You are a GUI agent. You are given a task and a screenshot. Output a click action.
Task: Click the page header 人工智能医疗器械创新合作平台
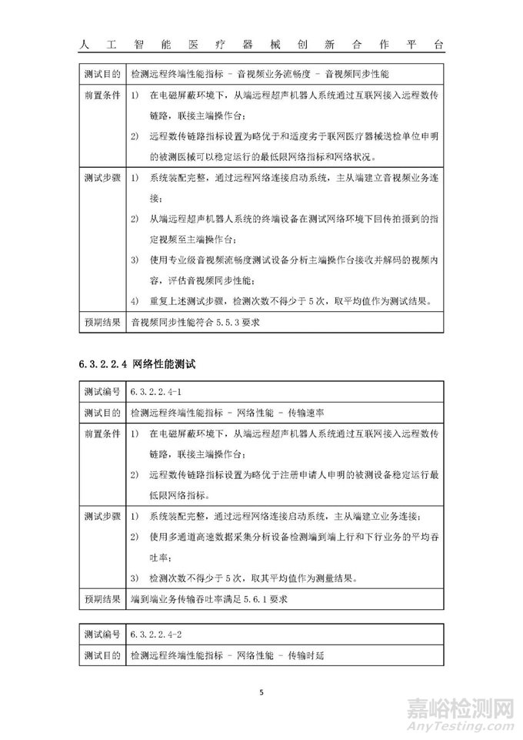pyautogui.click(x=261, y=45)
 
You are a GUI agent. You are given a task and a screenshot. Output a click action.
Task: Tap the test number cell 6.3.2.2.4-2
pyautogui.click(x=157, y=635)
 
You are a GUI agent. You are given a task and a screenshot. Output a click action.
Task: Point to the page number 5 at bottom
pyautogui.click(x=261, y=691)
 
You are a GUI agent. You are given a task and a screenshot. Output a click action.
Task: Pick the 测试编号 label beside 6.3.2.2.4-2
pyautogui.click(x=102, y=635)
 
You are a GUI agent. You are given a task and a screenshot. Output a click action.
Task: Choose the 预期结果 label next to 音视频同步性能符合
pyautogui.click(x=102, y=323)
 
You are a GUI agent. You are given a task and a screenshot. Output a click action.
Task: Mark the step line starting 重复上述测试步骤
pyautogui.click(x=288, y=301)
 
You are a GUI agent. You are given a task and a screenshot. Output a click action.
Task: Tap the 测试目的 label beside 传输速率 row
pyautogui.click(x=102, y=412)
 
